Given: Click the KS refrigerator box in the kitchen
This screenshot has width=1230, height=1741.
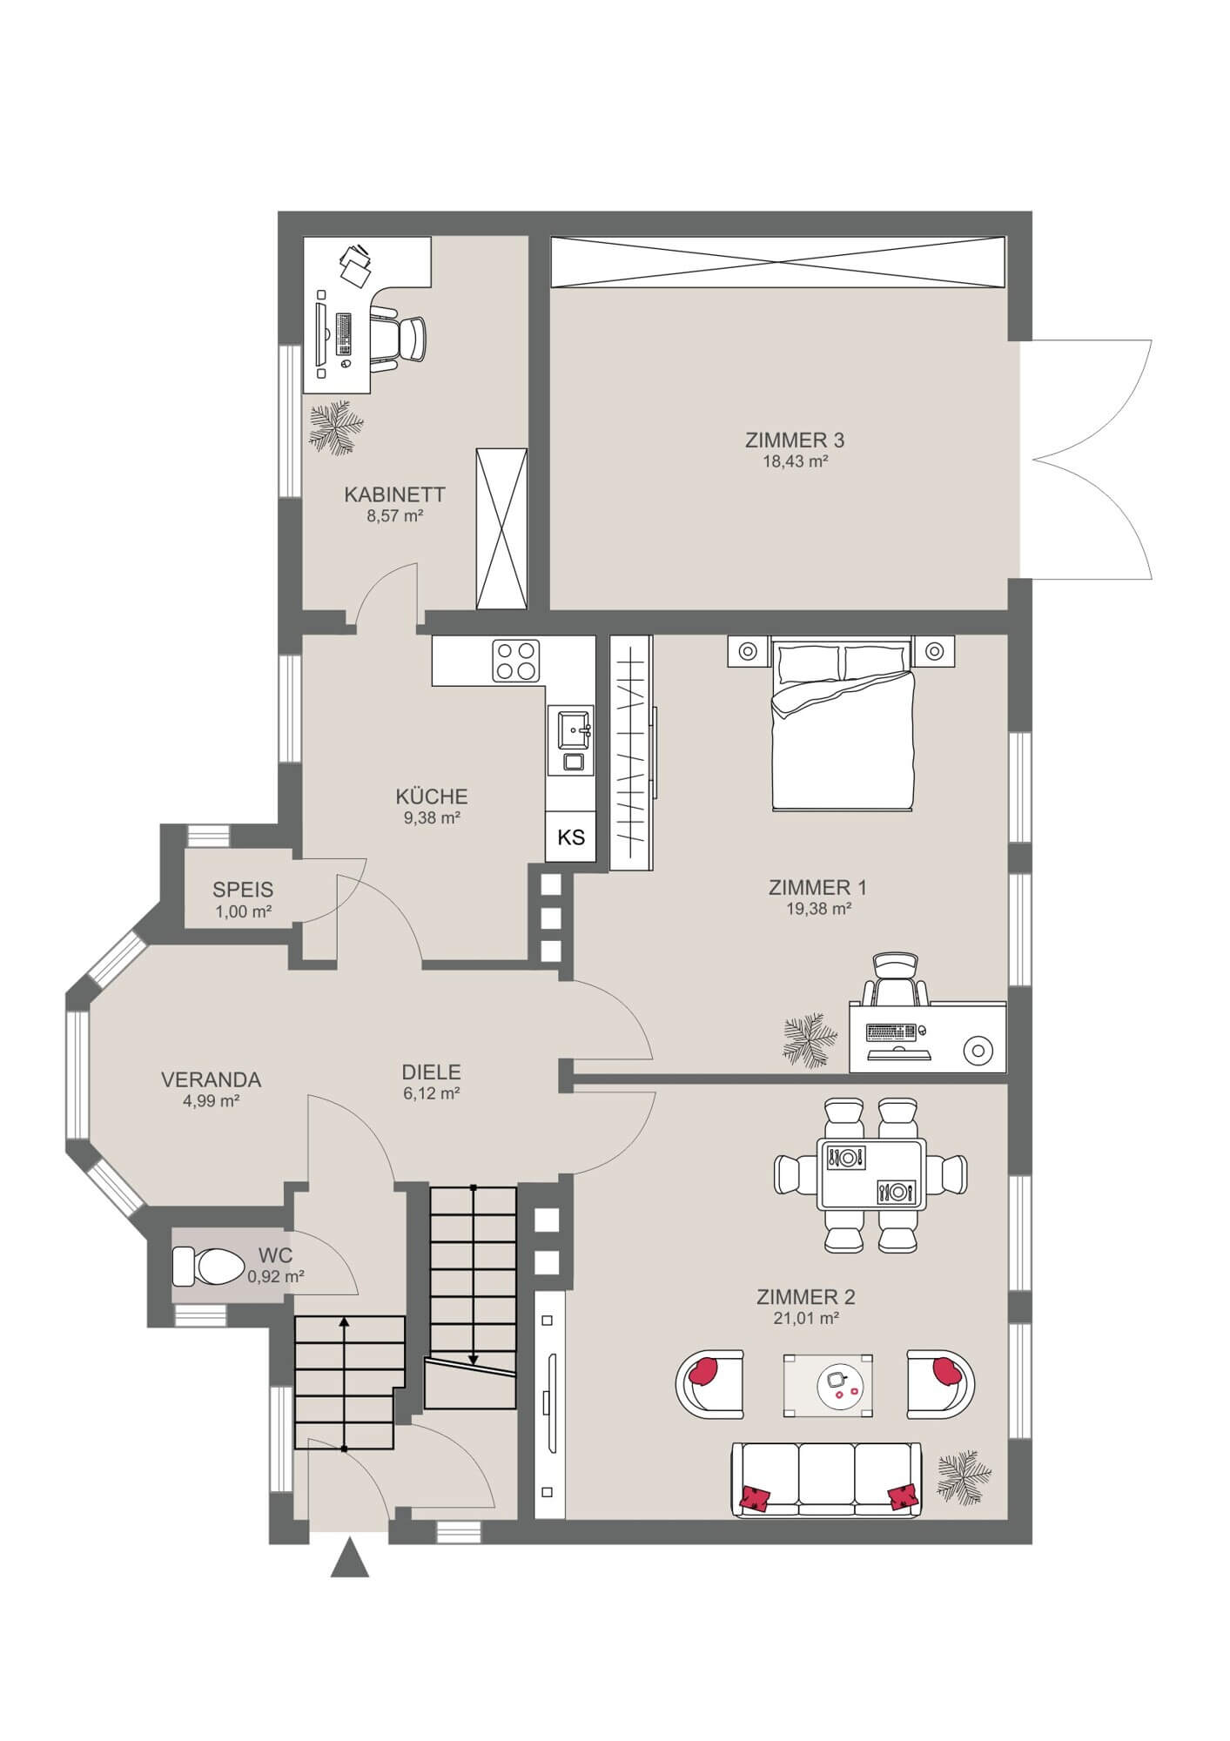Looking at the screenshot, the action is pos(571,837).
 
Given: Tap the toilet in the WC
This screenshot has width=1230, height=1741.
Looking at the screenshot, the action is pos(208,1266).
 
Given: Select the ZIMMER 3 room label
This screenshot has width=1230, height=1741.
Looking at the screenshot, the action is pos(794,440).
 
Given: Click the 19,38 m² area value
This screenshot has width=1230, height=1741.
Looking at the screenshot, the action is pos(817,909).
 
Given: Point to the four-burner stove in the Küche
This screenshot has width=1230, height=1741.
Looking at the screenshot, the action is pos(516,661).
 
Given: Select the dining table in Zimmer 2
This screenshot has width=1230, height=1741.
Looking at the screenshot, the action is pos(871,1174).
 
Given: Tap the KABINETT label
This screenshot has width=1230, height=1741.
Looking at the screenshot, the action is pos(394,494).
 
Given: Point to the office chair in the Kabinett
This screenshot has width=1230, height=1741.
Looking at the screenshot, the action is pos(400,339).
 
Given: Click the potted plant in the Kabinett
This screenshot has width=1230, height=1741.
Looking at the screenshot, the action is pos(335,427).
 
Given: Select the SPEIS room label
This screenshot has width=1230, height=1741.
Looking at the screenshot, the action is pos(243,890).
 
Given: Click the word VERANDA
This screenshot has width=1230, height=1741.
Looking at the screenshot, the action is pos(212,1079).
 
